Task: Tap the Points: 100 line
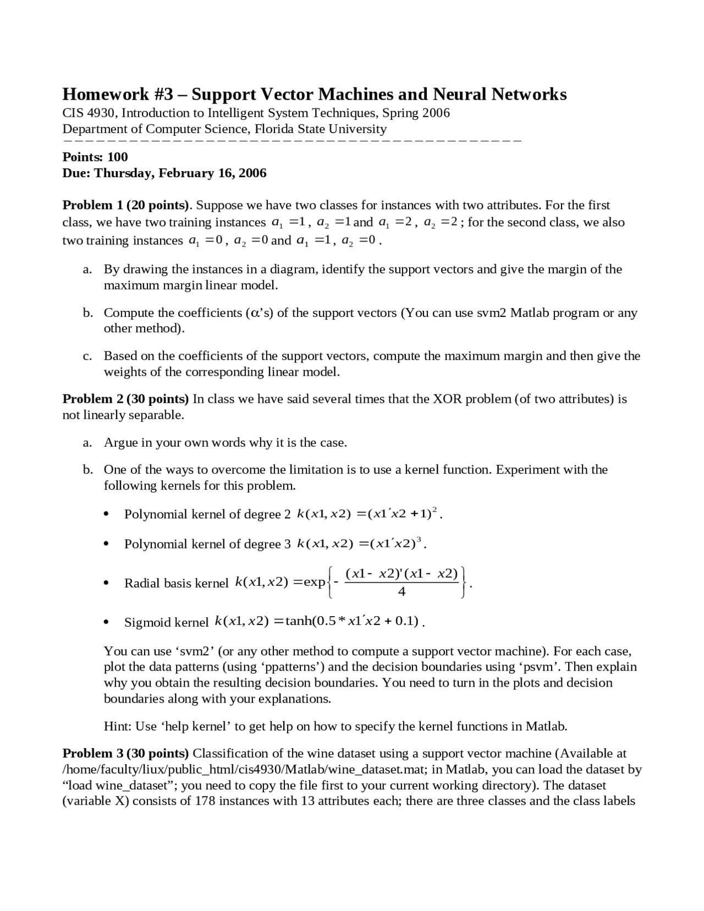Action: [x=95, y=157]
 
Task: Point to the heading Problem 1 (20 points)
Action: [x=126, y=205]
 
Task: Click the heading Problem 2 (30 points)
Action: [x=125, y=399]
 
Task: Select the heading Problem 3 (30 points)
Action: [x=125, y=753]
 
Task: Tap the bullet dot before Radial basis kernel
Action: [x=106, y=583]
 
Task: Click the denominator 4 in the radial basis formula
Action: [x=402, y=592]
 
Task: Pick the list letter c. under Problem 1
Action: [x=87, y=356]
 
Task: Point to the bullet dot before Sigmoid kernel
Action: [x=106, y=622]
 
